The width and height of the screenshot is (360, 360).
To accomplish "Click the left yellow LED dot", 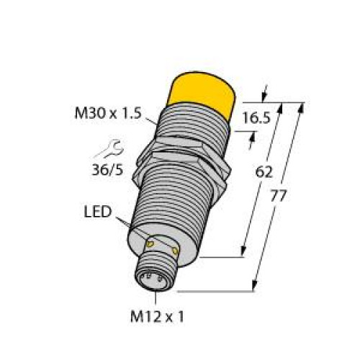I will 152,245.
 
